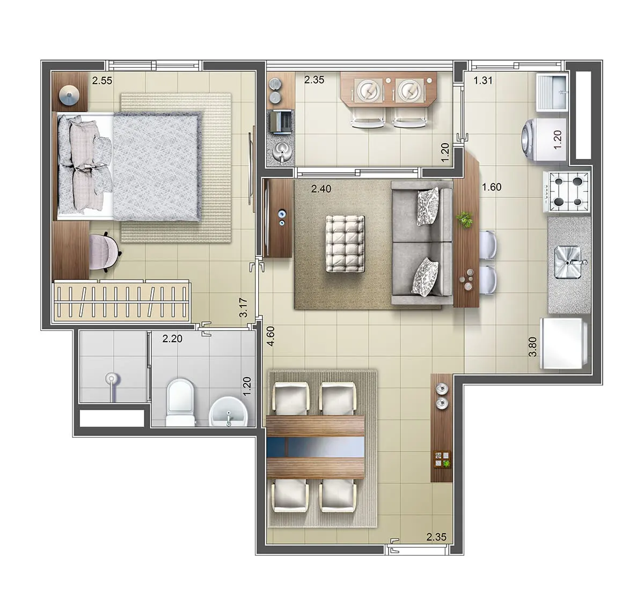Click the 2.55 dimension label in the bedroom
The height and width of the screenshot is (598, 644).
(102, 80)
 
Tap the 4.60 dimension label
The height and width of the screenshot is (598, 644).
(270, 336)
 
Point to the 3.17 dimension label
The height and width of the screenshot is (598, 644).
(243, 307)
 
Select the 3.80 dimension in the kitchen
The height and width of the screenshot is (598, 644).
(533, 347)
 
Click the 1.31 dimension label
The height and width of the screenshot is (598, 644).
(483, 80)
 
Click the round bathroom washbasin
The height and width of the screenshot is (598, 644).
(228, 412)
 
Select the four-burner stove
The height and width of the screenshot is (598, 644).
(567, 192)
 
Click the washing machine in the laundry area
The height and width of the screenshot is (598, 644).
(544, 139)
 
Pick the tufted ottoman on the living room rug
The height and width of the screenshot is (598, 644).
(345, 243)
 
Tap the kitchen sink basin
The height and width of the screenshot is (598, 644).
(568, 262)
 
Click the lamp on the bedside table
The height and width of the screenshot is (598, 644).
(69, 95)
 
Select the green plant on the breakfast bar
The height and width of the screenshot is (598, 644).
(465, 219)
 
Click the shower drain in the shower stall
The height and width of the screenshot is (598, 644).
(111, 378)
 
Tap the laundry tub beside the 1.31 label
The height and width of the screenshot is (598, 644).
(552, 93)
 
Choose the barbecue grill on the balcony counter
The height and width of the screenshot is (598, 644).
(281, 122)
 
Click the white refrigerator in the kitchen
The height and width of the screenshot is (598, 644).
(563, 344)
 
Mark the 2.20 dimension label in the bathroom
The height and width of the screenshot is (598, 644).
(172, 339)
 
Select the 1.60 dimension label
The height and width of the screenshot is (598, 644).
(492, 187)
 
